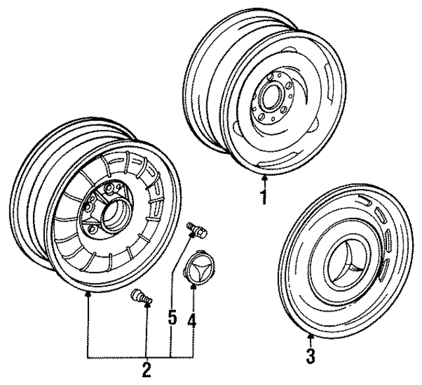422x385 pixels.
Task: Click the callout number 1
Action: (264, 196)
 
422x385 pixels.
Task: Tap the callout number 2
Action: (146, 367)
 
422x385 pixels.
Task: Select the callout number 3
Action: (311, 357)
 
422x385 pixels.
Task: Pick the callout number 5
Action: (171, 318)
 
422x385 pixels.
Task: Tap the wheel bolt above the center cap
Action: (196, 230)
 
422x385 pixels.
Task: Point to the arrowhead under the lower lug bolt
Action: (146, 305)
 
